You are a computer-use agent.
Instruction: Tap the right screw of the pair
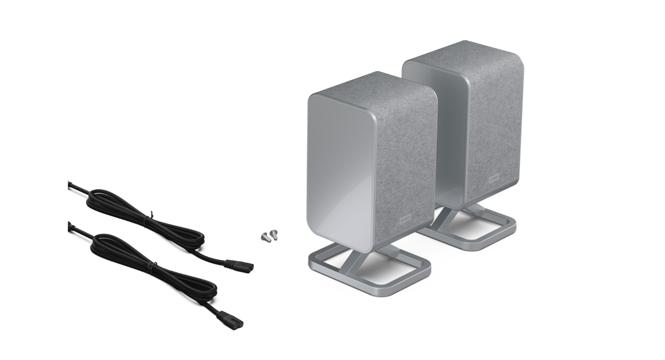273,233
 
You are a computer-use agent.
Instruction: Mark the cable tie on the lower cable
149,270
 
